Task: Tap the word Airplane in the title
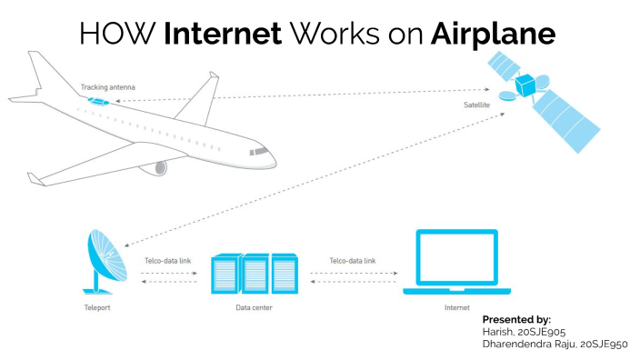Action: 493,35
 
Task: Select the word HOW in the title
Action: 118,35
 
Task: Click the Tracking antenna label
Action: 108,87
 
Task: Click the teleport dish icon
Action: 102,261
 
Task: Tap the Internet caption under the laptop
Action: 456,309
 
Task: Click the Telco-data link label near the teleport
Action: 167,261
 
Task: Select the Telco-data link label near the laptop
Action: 352,261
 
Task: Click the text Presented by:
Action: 516,320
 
